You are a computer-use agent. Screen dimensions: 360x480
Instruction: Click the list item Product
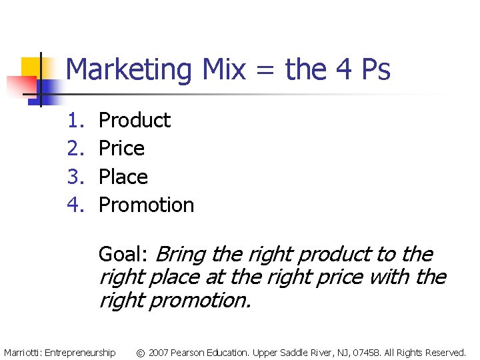tap(134, 120)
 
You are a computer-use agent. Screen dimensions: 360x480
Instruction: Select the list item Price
tap(121, 148)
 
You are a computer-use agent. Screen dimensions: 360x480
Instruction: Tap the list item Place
tap(123, 177)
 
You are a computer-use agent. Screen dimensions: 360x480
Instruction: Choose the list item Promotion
tap(146, 205)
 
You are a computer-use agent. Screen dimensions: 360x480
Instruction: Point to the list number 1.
tap(73, 120)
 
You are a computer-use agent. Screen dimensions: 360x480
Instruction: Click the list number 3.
tap(73, 177)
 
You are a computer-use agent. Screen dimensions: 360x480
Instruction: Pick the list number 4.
tap(73, 205)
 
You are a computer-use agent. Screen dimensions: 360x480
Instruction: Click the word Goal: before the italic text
tap(123, 254)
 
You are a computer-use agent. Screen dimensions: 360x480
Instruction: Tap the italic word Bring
tap(181, 254)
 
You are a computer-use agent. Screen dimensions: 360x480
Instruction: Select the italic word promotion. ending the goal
tap(201, 301)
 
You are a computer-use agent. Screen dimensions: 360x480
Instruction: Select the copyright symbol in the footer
tap(140, 352)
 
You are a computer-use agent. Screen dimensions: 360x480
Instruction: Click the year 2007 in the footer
tap(158, 352)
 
